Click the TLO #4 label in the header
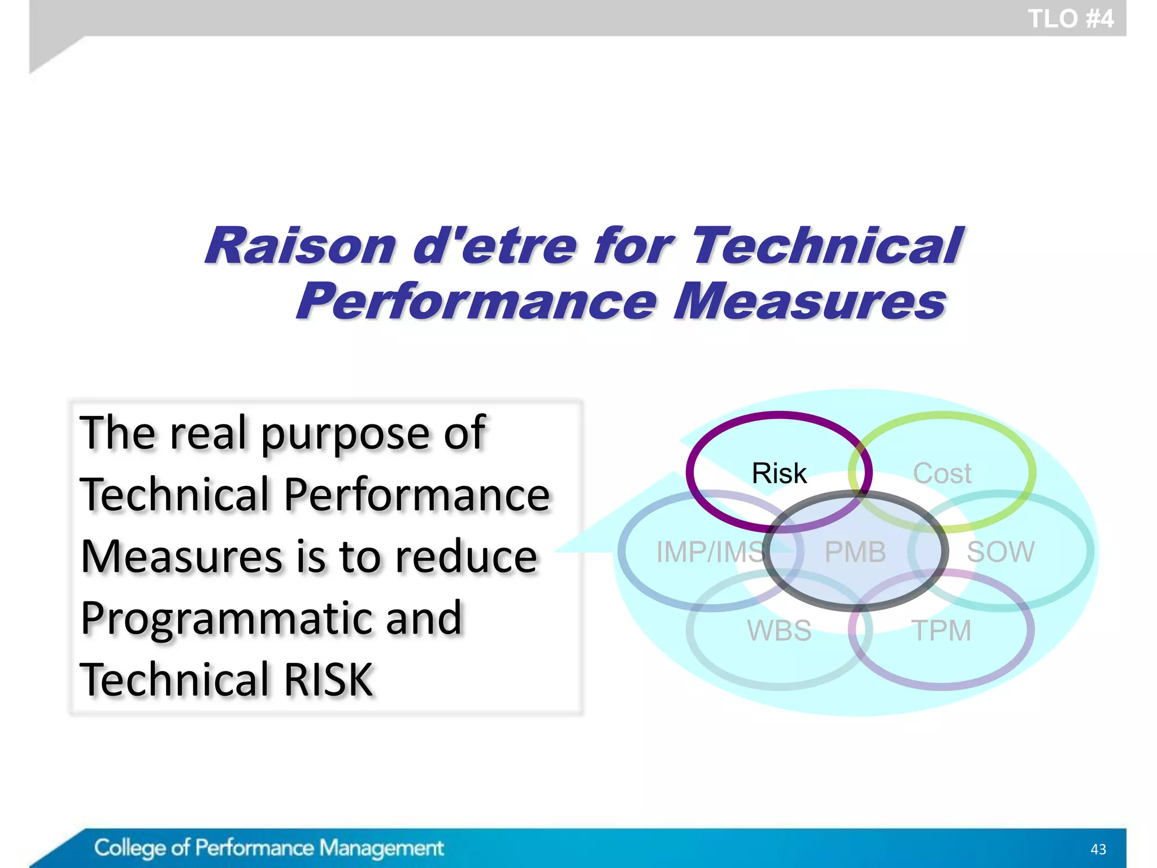[1070, 19]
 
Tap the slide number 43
[1098, 849]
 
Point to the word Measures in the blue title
[809, 301]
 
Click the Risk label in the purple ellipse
[779, 474]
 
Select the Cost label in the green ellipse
[942, 474]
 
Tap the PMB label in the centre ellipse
[855, 552]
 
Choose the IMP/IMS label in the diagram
[711, 552]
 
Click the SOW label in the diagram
[1001, 552]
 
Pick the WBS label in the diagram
[779, 631]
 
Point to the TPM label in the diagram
[941, 631]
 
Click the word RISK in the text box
[328, 679]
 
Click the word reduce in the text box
[466, 557]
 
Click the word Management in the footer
[381, 848]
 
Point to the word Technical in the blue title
[827, 246]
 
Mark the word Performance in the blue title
[477, 301]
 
